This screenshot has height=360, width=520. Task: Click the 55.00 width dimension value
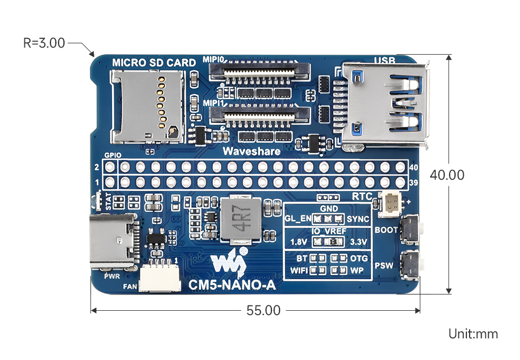tap(264, 311)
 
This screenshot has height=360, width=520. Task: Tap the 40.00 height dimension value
tap(447, 175)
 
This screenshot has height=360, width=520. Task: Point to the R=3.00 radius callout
tap(44, 43)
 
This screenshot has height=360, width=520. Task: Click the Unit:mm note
tap(472, 334)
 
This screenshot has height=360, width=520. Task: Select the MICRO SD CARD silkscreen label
tap(154, 63)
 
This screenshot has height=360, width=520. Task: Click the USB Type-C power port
tap(112, 241)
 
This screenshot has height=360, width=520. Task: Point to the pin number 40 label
tap(414, 168)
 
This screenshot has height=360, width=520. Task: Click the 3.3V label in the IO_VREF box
tap(359, 241)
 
